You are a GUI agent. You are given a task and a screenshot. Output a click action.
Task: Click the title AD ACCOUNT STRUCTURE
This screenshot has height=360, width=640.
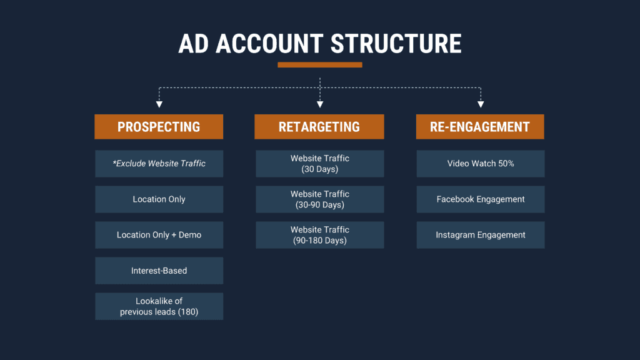pos(319,44)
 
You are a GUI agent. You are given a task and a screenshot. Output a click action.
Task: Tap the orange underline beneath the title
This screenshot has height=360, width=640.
pos(319,65)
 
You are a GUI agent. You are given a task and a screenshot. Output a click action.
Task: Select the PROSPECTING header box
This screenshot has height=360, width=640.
pos(159,127)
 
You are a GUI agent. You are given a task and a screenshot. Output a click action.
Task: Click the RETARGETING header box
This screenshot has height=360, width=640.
pos(319,127)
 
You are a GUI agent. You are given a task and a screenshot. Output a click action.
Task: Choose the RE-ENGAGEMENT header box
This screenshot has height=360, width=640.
pos(480,127)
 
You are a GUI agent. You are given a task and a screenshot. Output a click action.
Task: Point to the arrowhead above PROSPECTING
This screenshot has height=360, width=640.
pos(159,104)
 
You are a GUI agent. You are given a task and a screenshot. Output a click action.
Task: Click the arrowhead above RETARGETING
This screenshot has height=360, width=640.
pos(320,104)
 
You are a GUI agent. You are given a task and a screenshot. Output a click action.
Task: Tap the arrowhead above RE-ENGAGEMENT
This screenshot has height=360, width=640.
pos(481,104)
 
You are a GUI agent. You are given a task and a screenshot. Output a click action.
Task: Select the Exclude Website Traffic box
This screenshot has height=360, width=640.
pos(159,164)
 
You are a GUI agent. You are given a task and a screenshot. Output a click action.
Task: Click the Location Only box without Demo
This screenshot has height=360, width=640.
pos(159,199)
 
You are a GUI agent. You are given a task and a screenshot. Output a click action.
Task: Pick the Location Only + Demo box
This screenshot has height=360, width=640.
pos(159,235)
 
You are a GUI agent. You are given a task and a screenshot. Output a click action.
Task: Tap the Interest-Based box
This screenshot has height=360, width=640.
pos(159,271)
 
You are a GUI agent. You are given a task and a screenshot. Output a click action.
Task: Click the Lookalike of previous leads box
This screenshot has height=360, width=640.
pos(159,306)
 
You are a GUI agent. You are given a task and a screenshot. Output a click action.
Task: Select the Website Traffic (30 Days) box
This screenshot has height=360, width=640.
pos(319,164)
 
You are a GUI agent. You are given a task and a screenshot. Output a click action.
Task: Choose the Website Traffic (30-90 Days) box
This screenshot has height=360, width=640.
pos(319,199)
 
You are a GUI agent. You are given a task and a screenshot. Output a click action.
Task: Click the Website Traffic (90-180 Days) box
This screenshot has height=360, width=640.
pos(319,235)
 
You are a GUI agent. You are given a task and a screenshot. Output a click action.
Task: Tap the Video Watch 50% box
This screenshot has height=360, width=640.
pos(480,164)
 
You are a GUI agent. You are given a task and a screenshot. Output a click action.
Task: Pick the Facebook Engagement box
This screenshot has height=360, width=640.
pos(480,199)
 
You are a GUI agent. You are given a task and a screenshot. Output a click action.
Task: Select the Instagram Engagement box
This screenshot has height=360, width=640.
pos(480,235)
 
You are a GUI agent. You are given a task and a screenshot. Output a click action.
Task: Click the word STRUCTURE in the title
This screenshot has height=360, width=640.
pos(396,44)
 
